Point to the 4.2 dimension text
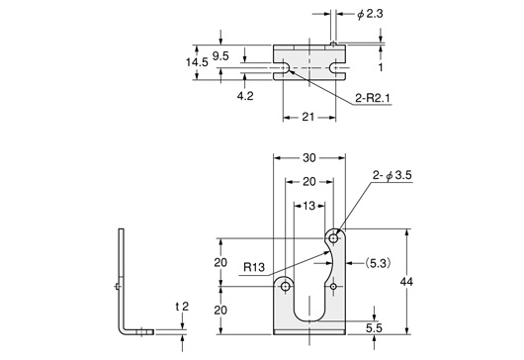[x=245, y=97]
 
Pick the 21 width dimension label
[x=306, y=117]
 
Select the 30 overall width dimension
[x=308, y=157]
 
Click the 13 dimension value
[x=308, y=206]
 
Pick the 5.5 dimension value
[x=374, y=326]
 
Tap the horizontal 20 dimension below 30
[x=308, y=182]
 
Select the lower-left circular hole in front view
[x=286, y=286]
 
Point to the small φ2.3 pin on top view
[x=334, y=43]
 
